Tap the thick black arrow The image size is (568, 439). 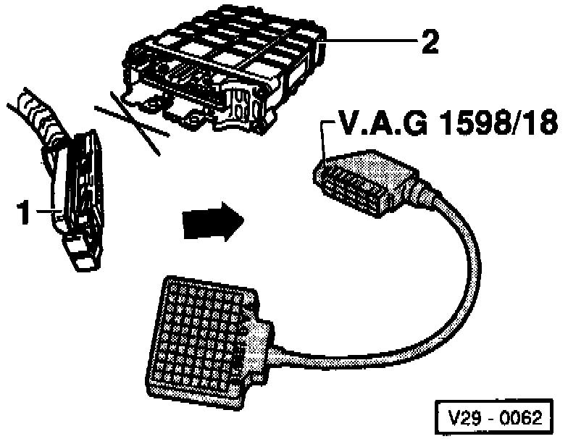point(211,221)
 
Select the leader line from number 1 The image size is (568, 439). point(47,212)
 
